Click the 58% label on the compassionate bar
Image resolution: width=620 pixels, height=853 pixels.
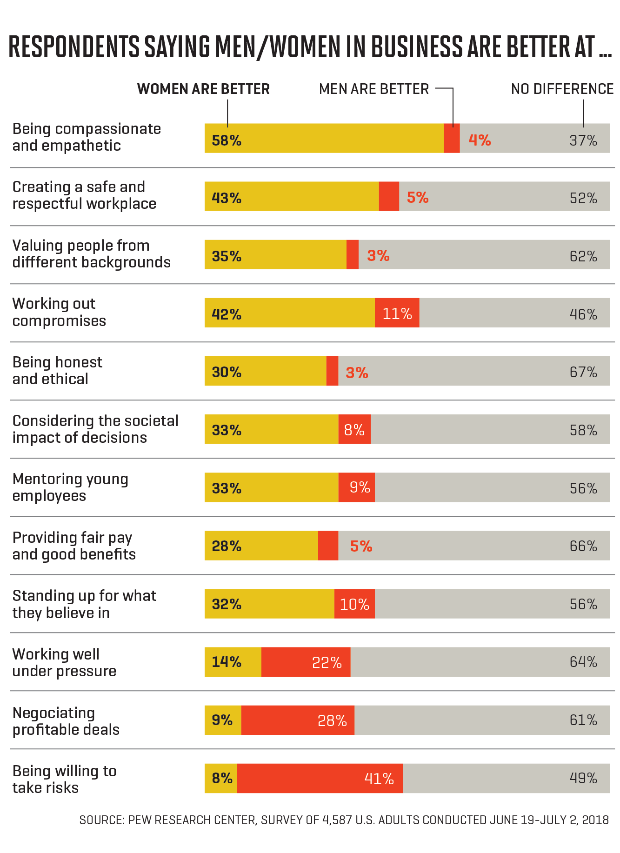[x=227, y=140]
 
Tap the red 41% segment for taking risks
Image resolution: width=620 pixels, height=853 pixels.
[x=320, y=778]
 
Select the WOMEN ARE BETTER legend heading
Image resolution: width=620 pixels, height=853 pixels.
[x=203, y=89]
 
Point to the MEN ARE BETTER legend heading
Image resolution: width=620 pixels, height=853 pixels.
[x=374, y=89]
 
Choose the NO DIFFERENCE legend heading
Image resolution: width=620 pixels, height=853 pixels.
[x=562, y=89]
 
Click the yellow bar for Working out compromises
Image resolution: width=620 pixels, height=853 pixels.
[x=289, y=313]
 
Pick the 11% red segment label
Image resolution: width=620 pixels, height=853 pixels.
[x=397, y=313]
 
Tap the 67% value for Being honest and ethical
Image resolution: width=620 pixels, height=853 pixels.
[x=583, y=372]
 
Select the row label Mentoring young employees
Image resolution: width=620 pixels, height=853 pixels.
[x=70, y=487]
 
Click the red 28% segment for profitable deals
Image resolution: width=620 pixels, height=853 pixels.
[x=298, y=720]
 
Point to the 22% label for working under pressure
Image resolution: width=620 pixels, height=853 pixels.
[x=327, y=662]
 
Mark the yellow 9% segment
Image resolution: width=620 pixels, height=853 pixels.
[x=223, y=720]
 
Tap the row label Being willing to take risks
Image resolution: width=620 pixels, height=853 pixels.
[x=64, y=779]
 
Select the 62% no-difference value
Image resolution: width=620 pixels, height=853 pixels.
[x=583, y=256]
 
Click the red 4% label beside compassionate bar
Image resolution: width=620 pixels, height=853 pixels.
[x=480, y=140]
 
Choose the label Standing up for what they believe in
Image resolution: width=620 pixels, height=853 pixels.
[x=84, y=604]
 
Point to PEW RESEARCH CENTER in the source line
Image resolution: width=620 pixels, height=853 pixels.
[x=192, y=820]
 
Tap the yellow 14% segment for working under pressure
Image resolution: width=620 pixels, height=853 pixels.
[x=233, y=662]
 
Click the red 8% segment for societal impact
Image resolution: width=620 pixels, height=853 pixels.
[x=354, y=430]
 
